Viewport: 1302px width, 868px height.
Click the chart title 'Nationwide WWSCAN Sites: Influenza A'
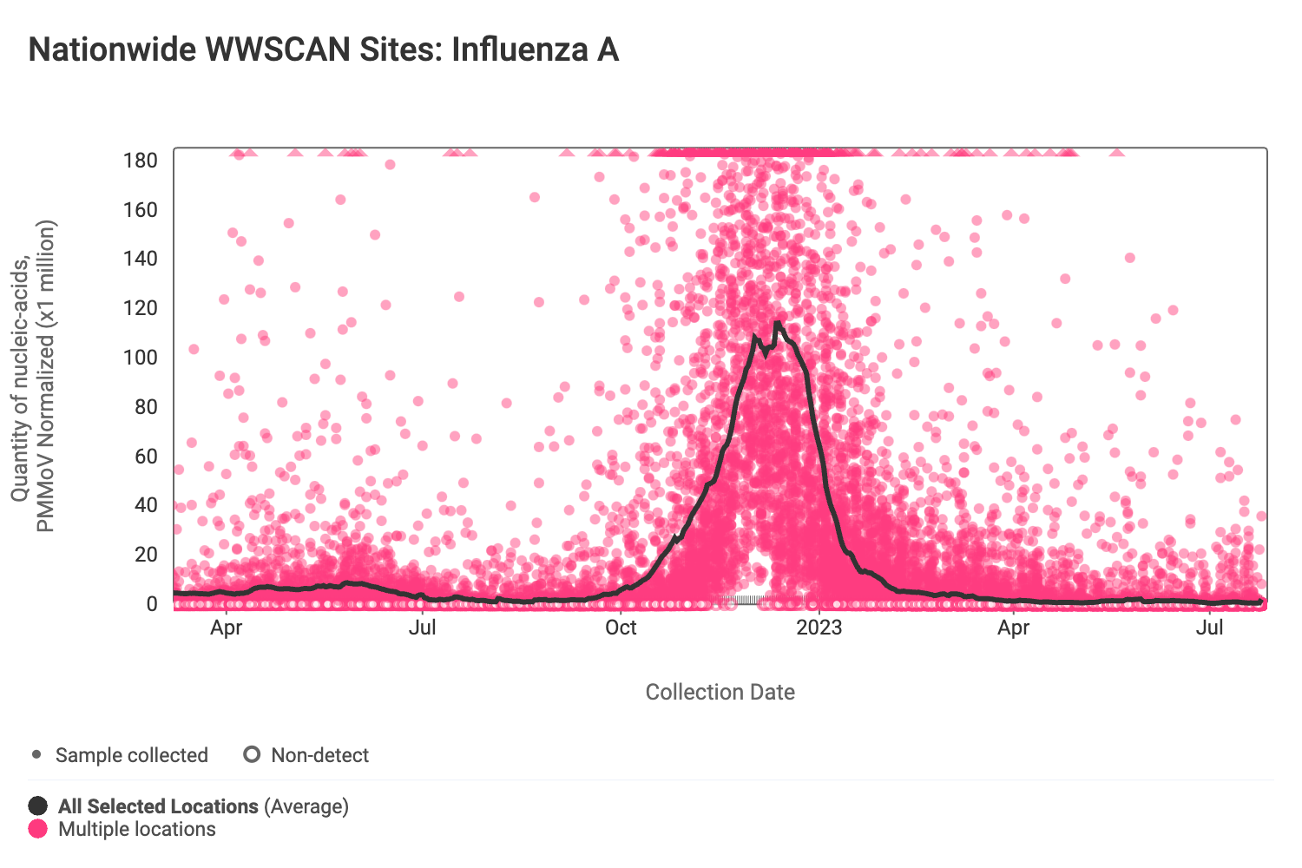click(x=323, y=49)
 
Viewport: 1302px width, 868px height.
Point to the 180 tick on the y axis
click(x=140, y=161)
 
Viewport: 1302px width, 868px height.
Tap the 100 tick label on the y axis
click(x=140, y=358)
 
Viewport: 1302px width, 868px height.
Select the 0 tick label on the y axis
click(x=152, y=604)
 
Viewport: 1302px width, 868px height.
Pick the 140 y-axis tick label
click(x=140, y=259)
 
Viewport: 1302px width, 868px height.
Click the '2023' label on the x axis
click(x=819, y=628)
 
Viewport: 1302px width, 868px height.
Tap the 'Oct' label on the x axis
click(x=621, y=628)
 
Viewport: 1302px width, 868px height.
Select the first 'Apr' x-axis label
click(x=226, y=628)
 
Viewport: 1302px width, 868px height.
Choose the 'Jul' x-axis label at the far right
click(x=1209, y=628)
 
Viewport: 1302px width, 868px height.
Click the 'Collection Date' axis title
click(x=720, y=692)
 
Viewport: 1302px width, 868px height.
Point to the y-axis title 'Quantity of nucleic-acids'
click(x=20, y=378)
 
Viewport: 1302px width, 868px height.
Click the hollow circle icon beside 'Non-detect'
click(x=252, y=754)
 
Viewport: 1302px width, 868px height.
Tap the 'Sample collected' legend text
click(x=132, y=755)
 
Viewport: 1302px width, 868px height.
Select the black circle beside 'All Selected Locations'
click(x=38, y=806)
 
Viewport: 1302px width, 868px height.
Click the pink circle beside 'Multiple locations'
click(x=38, y=829)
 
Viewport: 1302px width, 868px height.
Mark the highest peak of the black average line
click(x=777, y=323)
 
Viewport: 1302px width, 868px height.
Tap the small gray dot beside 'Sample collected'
click(x=36, y=754)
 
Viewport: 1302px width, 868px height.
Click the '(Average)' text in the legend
click(x=306, y=806)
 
